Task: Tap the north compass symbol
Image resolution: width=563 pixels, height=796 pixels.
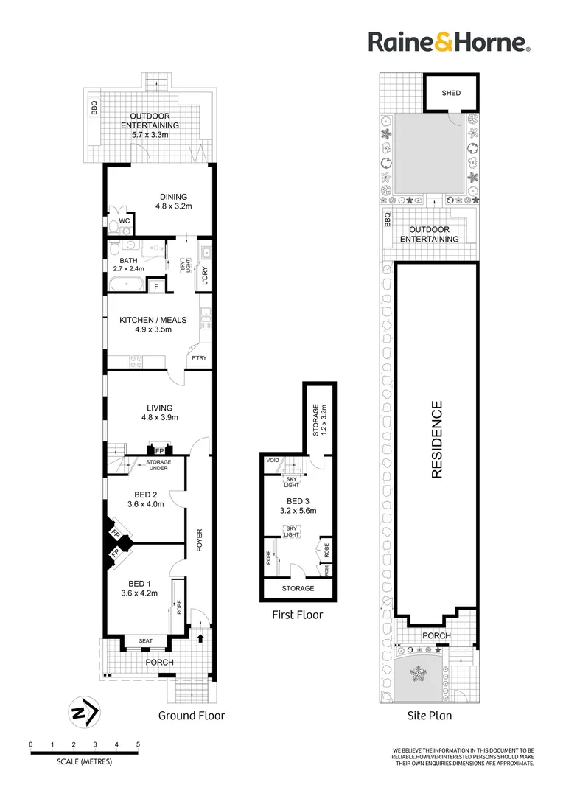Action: pyautogui.click(x=84, y=713)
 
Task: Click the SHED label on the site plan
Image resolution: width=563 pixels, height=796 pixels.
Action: pyautogui.click(x=451, y=93)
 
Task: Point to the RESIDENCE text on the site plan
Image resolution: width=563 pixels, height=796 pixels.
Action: pyautogui.click(x=437, y=439)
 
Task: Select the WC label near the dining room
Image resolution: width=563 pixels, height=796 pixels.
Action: pyautogui.click(x=125, y=220)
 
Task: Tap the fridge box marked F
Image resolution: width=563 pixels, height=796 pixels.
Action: pyautogui.click(x=156, y=286)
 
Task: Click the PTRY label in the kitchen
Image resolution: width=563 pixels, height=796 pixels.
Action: pyautogui.click(x=199, y=357)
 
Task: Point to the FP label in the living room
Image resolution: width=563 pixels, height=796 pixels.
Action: pyautogui.click(x=159, y=450)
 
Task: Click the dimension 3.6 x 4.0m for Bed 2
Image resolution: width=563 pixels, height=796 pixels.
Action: pyautogui.click(x=144, y=505)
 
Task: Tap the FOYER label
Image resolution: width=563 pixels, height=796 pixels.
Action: pyautogui.click(x=198, y=541)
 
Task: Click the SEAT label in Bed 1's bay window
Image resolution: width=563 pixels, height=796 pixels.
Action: pyautogui.click(x=145, y=640)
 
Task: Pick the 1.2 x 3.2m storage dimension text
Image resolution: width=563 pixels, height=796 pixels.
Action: pyautogui.click(x=324, y=417)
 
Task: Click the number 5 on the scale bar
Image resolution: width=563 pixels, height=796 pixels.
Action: pyautogui.click(x=138, y=745)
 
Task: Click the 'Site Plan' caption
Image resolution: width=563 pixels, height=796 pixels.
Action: pyautogui.click(x=429, y=715)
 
